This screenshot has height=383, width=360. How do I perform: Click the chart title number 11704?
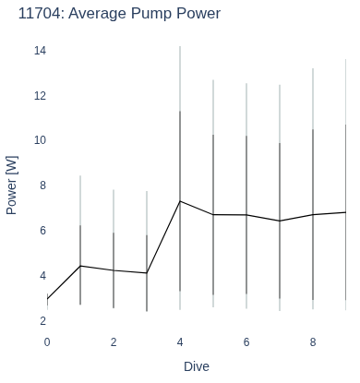pyautogui.click(x=39, y=14)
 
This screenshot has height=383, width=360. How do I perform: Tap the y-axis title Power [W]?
pyautogui.click(x=12, y=186)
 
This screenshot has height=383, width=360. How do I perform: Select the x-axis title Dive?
pyautogui.click(x=197, y=366)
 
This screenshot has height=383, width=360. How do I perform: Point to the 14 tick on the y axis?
pyautogui.click(x=40, y=51)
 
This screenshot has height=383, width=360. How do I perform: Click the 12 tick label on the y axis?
pyautogui.click(x=40, y=96)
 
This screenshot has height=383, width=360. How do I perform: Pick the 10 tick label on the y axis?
pyautogui.click(x=40, y=140)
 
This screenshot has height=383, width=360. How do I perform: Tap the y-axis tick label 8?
pyautogui.click(x=42, y=186)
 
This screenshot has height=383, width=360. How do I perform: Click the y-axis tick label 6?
pyautogui.click(x=42, y=231)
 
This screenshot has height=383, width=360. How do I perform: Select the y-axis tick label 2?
pyautogui.click(x=42, y=321)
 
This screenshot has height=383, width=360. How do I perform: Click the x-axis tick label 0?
pyautogui.click(x=47, y=342)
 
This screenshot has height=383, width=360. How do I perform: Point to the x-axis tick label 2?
pyautogui.click(x=114, y=342)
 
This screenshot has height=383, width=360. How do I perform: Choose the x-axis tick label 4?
pyautogui.click(x=180, y=342)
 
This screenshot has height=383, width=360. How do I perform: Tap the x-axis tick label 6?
pyautogui.click(x=246, y=342)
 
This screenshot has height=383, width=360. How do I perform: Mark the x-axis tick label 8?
pyautogui.click(x=313, y=342)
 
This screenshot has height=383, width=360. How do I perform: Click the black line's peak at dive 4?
pyautogui.click(x=180, y=201)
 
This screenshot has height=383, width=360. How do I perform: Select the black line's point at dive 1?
pyautogui.click(x=80, y=266)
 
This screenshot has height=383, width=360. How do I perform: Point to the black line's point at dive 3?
pyautogui.click(x=147, y=273)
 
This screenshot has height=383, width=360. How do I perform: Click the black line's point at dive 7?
pyautogui.click(x=280, y=221)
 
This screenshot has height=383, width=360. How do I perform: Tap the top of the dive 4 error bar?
pyautogui.click(x=180, y=46)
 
